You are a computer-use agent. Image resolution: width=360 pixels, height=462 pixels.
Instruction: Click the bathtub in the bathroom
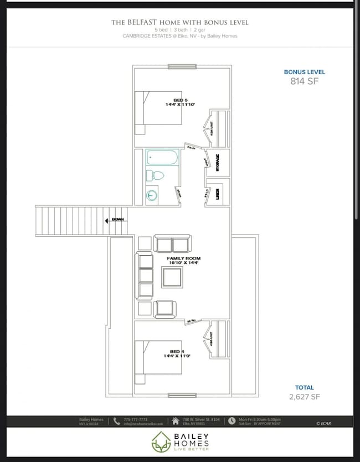[x=162, y=158]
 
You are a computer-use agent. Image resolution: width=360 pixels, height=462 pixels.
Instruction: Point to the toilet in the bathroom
[x=156, y=176]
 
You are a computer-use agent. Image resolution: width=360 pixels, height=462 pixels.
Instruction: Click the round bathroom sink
[x=152, y=195]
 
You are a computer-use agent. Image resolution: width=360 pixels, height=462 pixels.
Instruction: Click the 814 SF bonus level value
[x=305, y=81]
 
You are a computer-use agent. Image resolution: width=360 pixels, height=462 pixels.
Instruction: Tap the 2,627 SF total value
[x=305, y=397]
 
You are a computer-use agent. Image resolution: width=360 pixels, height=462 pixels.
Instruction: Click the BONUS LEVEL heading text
[x=305, y=72]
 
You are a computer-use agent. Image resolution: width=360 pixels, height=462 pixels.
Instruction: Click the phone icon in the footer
[x=116, y=421]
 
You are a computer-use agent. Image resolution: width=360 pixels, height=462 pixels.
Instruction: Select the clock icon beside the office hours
[x=233, y=421]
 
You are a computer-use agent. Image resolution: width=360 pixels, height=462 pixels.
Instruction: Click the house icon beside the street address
[x=176, y=421]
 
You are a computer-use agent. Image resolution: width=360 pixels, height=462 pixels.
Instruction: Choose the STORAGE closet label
[x=218, y=164]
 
